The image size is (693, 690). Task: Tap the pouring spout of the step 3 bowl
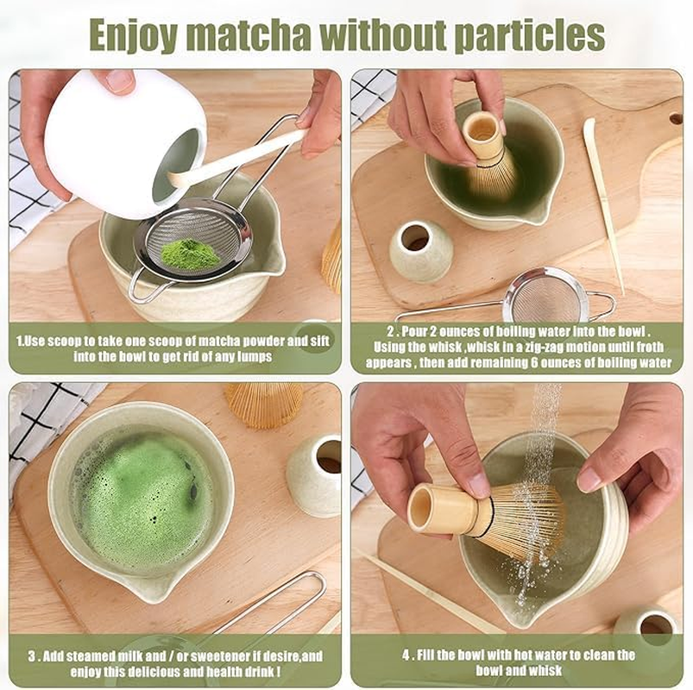point(159,591)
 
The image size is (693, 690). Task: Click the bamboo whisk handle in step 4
point(444,509)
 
